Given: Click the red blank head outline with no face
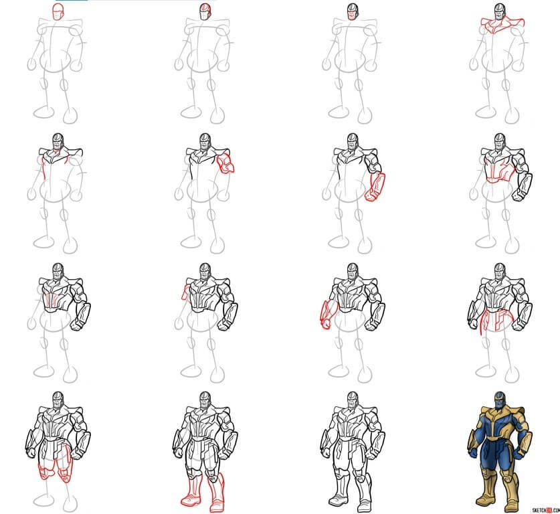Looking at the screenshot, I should click(x=59, y=11).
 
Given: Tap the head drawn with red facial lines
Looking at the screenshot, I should click(x=205, y=11).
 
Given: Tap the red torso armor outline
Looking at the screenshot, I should click(x=499, y=171).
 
